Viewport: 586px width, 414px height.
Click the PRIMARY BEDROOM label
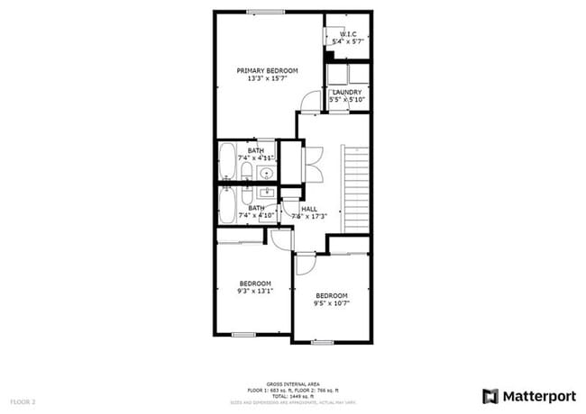(x=267, y=70)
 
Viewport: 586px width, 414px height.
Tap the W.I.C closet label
(x=348, y=34)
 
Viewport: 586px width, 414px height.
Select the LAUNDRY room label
(x=347, y=92)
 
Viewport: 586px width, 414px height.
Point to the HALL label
(x=308, y=208)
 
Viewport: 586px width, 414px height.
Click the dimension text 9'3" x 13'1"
(x=255, y=291)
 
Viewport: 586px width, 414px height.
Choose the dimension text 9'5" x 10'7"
(x=331, y=303)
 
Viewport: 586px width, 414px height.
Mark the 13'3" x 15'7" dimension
(x=267, y=79)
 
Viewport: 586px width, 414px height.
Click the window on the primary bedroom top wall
(x=262, y=12)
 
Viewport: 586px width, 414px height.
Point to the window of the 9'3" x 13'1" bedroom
(x=243, y=334)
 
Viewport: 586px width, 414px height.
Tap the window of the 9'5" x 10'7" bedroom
(x=322, y=342)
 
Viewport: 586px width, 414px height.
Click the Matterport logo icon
(x=490, y=396)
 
